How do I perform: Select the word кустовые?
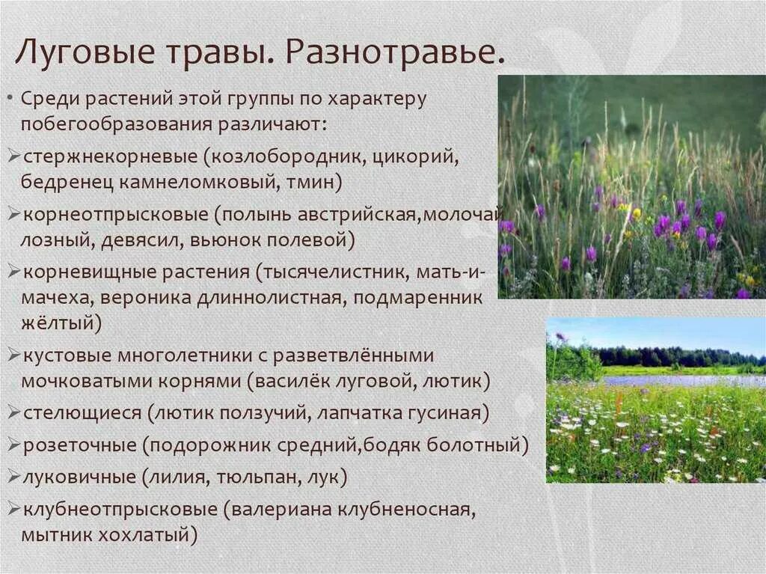click(x=67, y=355)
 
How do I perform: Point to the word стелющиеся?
click(x=82, y=412)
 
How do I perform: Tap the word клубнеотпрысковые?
click(x=120, y=510)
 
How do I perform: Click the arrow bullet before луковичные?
click(x=14, y=477)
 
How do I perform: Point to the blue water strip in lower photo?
click(x=673, y=380)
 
